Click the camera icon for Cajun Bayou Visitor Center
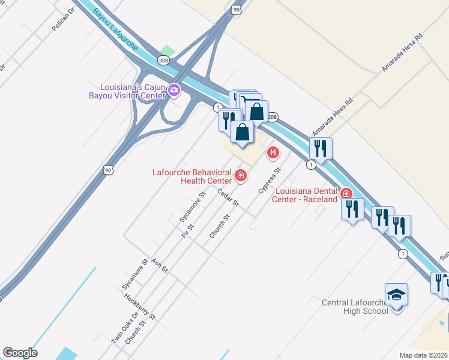pos(174,91)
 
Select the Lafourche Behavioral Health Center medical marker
pos(241,175)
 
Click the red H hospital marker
pos(273,153)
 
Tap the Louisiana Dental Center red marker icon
pos(346,193)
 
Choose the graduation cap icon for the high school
pos(396,295)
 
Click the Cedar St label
pos(229,199)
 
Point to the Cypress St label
pos(270,181)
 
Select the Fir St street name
pos(190,230)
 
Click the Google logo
pos(20,353)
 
